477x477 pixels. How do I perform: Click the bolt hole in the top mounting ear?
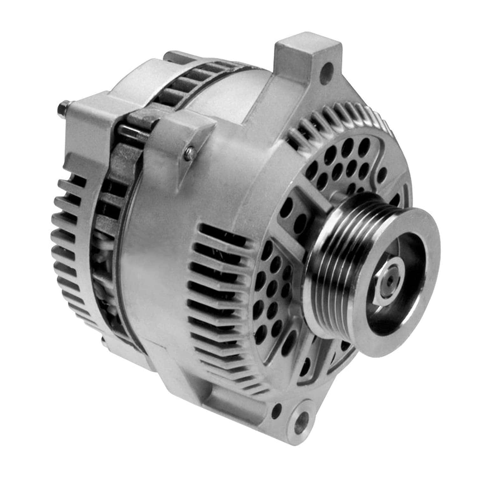(328, 68)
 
